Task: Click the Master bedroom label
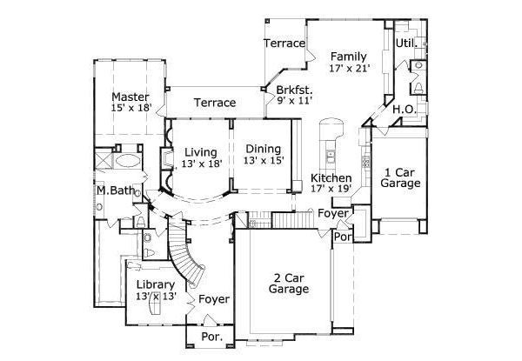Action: click(130, 97)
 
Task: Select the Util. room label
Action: click(406, 43)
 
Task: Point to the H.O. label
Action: click(403, 109)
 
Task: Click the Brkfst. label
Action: click(294, 89)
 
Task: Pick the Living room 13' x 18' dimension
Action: click(202, 163)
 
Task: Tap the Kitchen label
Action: click(331, 178)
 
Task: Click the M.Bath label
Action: click(113, 191)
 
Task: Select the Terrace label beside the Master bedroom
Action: click(214, 103)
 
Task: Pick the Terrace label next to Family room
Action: click(284, 43)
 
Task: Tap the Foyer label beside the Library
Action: click(214, 299)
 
